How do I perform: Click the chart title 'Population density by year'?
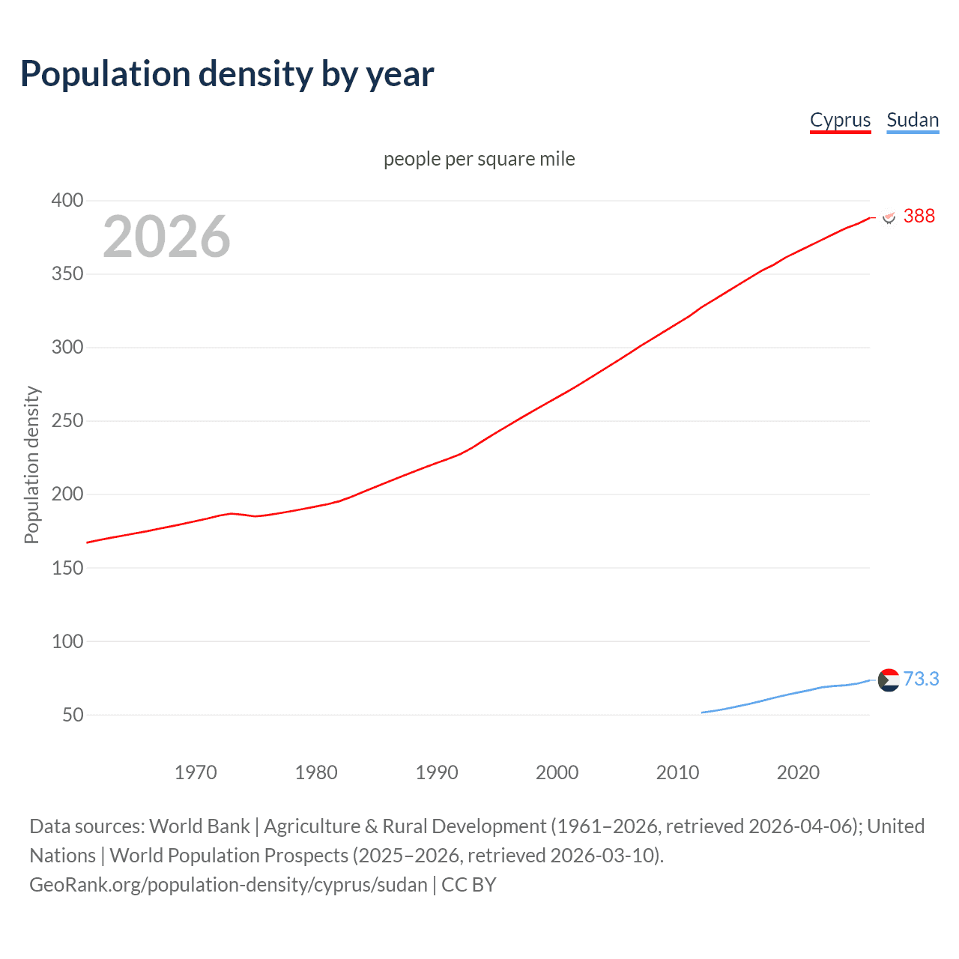[x=227, y=73]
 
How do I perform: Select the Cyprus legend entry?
[x=840, y=120]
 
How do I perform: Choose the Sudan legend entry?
[x=912, y=120]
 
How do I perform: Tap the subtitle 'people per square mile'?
[x=479, y=159]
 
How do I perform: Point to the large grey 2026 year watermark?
[x=166, y=237]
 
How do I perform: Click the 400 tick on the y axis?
[x=67, y=200]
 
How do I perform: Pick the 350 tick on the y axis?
[x=67, y=273]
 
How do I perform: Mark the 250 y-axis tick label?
[x=67, y=420]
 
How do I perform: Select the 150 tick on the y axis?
[x=67, y=568]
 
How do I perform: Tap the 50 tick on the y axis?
[x=73, y=715]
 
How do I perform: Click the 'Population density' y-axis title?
[x=31, y=465]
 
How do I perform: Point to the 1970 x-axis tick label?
[x=196, y=772]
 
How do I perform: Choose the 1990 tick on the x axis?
[x=437, y=772]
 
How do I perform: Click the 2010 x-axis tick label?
[x=677, y=772]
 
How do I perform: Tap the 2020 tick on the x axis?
[x=798, y=772]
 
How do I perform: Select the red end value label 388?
[x=919, y=216]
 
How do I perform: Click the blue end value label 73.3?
[x=921, y=679]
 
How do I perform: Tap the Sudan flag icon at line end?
[x=889, y=680]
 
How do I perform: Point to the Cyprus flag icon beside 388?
[x=889, y=217]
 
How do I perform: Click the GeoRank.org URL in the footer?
[x=228, y=884]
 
